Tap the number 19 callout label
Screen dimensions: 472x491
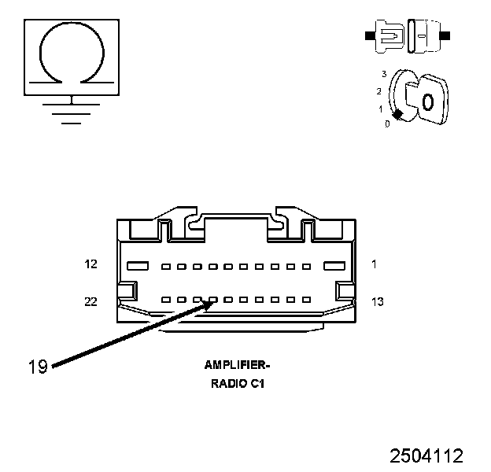38,365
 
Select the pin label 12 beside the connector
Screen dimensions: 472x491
91,264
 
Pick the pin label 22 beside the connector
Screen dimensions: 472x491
91,301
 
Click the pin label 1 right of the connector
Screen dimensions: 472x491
374,264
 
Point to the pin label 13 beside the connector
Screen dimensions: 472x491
377,301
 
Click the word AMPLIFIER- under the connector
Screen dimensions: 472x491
237,365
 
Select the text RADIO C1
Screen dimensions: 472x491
237,384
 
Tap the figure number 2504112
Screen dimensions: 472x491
426,455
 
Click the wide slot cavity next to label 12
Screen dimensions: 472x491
138,266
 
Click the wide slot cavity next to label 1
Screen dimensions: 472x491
334,266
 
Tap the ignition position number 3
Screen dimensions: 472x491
384,74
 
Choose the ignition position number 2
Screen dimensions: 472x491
379,91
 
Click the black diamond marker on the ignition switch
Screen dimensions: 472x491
398,115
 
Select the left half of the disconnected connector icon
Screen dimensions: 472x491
389,36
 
